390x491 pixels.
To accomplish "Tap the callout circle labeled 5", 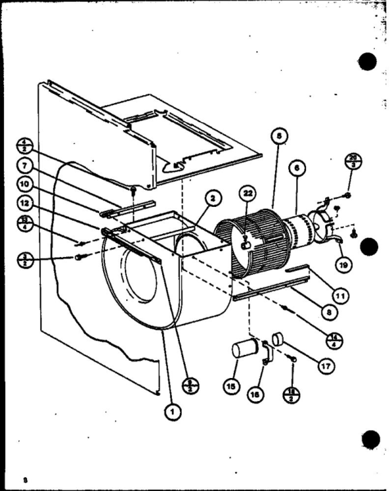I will (x=280, y=135).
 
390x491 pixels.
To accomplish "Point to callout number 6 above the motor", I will (x=297, y=169).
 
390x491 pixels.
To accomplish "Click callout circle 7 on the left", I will (x=25, y=164).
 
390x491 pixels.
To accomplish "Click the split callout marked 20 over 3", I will (x=353, y=161).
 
